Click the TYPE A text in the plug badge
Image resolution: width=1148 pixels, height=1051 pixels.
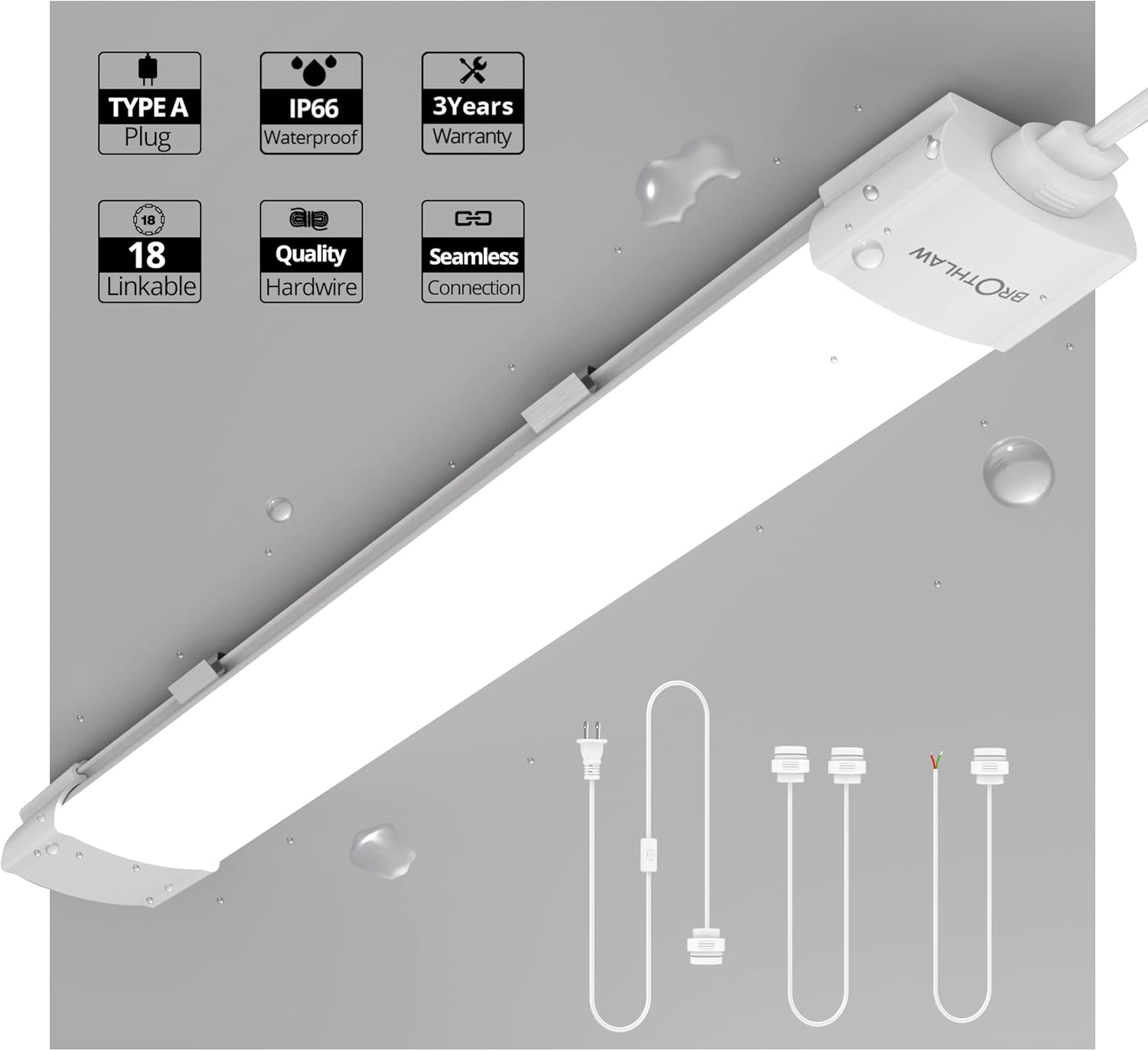(x=148, y=108)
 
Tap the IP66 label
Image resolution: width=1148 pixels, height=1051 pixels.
(x=313, y=109)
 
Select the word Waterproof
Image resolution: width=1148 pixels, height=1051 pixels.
(x=311, y=138)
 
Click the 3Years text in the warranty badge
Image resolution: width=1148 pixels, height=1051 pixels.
(x=473, y=106)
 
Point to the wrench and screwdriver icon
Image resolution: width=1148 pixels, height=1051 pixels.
(x=473, y=70)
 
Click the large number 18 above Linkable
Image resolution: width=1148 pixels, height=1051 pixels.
(x=147, y=255)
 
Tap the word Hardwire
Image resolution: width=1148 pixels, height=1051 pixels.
(x=311, y=287)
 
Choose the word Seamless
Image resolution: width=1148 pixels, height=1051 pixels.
(x=473, y=256)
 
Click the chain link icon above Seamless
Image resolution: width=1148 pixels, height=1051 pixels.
(x=473, y=219)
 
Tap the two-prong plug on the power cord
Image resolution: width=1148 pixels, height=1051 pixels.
(x=592, y=750)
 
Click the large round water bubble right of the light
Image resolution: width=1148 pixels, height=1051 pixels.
(x=1018, y=470)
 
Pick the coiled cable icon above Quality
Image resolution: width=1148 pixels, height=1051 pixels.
(x=309, y=220)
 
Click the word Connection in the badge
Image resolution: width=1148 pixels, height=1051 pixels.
(x=474, y=288)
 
